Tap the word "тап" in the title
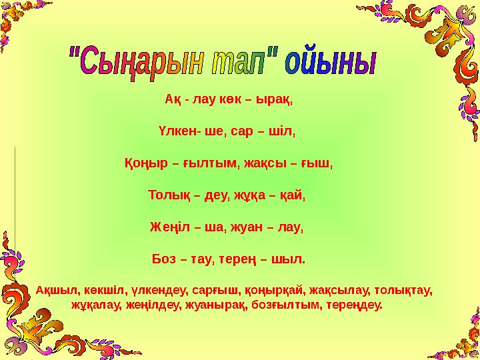pyautogui.click(x=243, y=63)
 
